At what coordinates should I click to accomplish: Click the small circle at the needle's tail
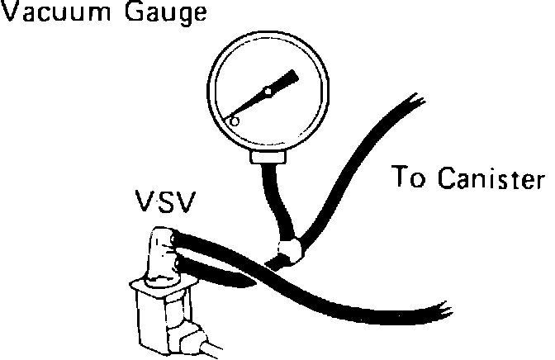[234, 121]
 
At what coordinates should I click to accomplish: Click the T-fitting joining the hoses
[289, 249]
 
